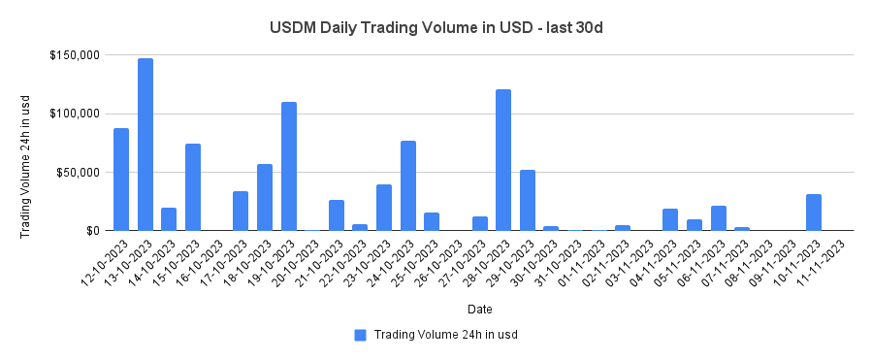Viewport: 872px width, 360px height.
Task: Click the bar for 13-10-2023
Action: [145, 145]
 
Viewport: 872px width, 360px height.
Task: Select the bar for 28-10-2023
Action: [503, 160]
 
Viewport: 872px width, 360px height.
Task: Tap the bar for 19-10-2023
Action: [289, 166]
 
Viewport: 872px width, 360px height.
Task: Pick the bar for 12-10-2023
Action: [121, 180]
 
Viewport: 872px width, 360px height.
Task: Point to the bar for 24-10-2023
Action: [408, 185]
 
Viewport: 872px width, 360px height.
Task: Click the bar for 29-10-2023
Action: [528, 200]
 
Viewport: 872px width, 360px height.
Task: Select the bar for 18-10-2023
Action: [265, 197]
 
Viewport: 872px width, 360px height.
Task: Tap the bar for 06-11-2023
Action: [719, 218]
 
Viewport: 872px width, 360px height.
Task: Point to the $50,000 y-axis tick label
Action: [77, 173]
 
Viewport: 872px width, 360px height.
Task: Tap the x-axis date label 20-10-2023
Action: [297, 260]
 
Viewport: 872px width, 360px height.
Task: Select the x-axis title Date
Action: [479, 310]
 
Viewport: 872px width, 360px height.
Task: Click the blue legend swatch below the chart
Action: [360, 335]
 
